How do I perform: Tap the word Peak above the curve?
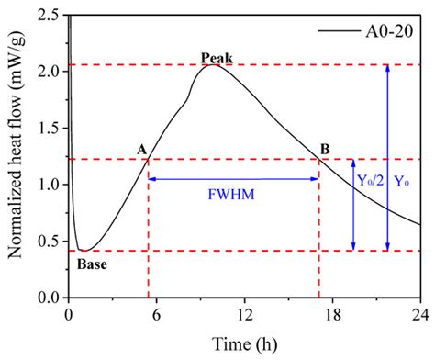[x=217, y=59]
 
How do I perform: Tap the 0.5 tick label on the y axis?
[x=50, y=242]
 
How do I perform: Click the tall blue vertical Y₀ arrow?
[x=387, y=156]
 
